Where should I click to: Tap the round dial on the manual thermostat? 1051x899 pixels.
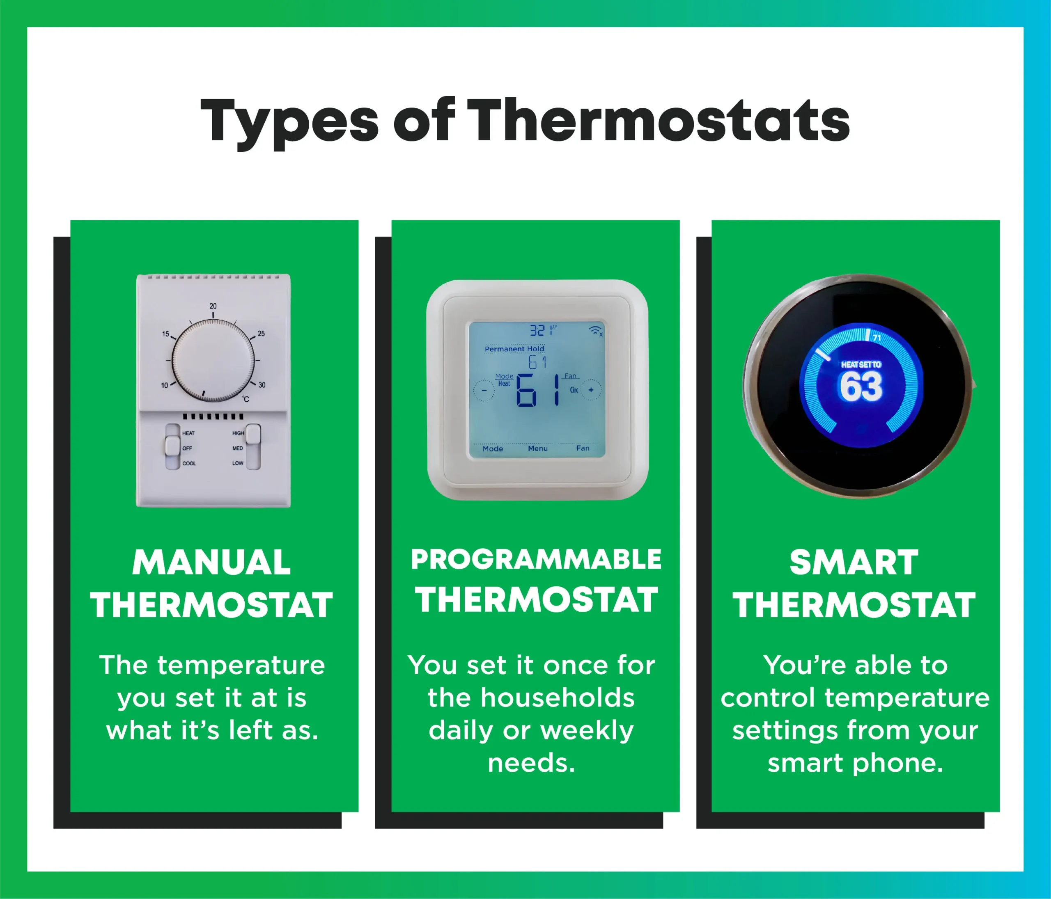click(213, 361)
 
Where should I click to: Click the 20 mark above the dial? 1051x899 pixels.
click(213, 306)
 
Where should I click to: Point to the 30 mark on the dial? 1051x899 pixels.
click(262, 385)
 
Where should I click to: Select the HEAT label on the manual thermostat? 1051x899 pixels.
click(188, 433)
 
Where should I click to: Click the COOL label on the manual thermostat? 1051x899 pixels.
click(189, 463)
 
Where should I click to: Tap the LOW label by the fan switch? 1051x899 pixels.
click(238, 463)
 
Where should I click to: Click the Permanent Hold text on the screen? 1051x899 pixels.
click(514, 349)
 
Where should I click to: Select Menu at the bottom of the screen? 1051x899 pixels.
click(538, 448)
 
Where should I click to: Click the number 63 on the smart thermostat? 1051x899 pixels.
click(861, 387)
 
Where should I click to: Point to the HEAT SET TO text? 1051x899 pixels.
click(861, 365)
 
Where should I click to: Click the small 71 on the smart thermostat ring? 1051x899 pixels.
click(877, 338)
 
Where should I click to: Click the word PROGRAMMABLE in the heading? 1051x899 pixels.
click(536, 559)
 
